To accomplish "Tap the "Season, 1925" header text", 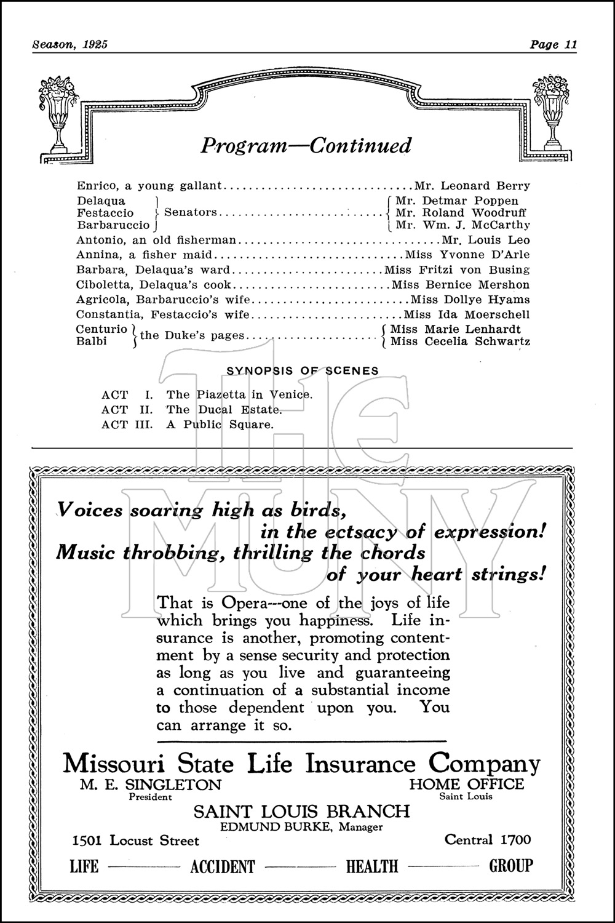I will click(x=69, y=44).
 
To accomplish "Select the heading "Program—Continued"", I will click(x=306, y=146).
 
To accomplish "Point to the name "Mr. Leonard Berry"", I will click(x=472, y=186).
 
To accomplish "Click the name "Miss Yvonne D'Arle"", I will click(x=467, y=255).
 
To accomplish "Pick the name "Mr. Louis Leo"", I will click(x=486, y=240).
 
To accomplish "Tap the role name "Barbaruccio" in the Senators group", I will click(x=113, y=225).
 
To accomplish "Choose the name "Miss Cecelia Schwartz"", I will click(x=460, y=342).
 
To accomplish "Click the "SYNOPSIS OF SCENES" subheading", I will click(x=303, y=371).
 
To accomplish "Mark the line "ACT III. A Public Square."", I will click(x=188, y=425).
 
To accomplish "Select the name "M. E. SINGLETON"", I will click(x=150, y=785).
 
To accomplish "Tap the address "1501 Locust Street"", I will click(x=135, y=841).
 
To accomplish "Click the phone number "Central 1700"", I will click(x=488, y=839).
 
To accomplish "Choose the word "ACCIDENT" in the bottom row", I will click(x=222, y=867).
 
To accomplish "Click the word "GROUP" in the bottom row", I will click(x=510, y=866).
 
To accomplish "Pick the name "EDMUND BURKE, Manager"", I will click(x=301, y=827).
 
